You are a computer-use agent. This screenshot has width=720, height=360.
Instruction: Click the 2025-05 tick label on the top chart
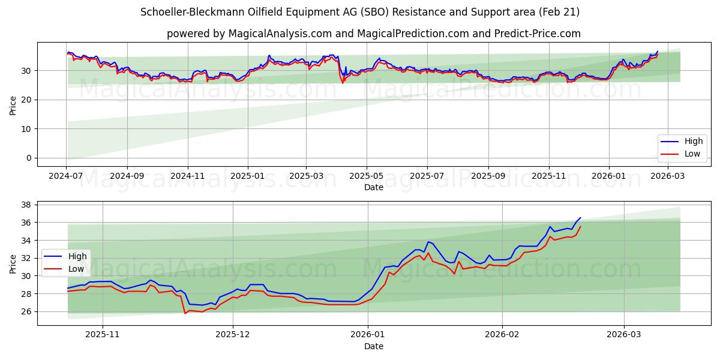click(366, 176)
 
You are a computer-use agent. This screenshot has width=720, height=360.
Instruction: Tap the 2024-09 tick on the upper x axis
click(127, 176)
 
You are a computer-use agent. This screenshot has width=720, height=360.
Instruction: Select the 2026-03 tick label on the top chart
click(668, 176)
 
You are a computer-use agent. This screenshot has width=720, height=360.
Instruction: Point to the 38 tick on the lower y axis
click(27, 205)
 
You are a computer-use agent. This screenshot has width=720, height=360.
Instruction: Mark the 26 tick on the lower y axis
click(27, 311)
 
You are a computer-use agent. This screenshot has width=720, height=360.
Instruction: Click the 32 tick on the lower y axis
click(27, 258)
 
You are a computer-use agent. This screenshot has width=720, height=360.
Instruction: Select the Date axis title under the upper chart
click(373, 187)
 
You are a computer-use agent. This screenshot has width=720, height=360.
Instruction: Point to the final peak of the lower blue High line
click(580, 218)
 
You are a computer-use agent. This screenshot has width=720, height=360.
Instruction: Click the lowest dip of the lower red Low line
click(185, 313)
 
